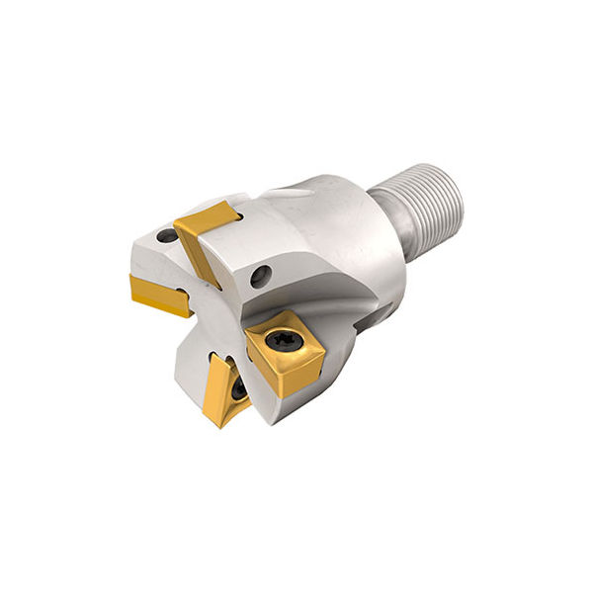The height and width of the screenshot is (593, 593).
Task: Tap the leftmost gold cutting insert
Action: (158, 294)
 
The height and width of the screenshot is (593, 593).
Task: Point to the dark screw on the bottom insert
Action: (240, 391)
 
